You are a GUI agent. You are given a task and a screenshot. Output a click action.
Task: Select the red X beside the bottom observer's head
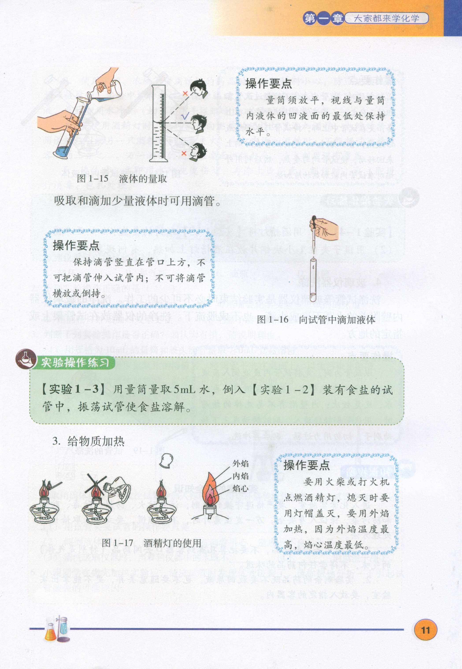click(184, 153)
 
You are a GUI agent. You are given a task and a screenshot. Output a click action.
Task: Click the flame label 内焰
click(241, 476)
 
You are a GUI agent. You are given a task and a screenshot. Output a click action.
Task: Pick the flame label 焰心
click(241, 489)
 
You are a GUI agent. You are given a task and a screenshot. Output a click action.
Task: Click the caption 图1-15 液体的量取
click(122, 179)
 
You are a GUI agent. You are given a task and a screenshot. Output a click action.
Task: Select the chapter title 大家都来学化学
click(387, 19)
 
